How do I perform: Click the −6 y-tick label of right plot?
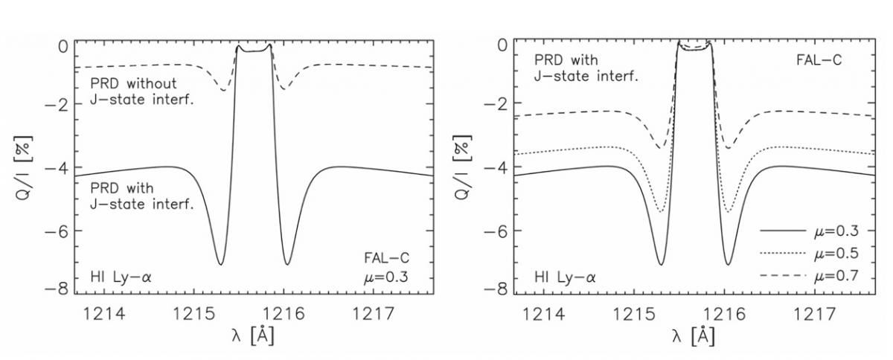coord(496,231)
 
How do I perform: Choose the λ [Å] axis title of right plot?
coord(694,335)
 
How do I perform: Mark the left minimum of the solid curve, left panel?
coord(220,264)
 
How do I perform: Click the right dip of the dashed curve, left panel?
coord(284,89)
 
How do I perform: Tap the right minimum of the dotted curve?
coord(726,212)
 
